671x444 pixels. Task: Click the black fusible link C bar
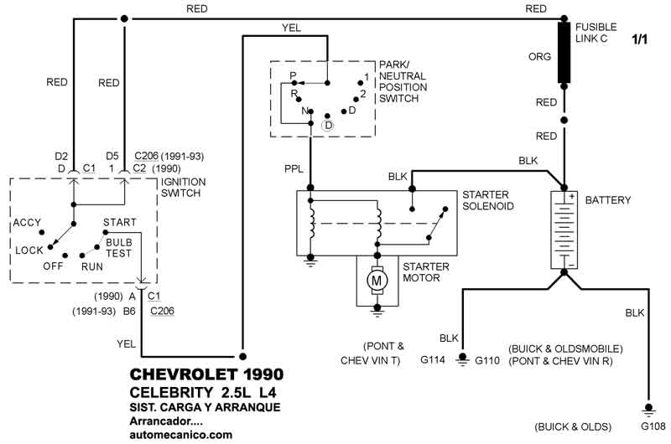[564, 53]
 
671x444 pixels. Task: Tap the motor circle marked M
[377, 279]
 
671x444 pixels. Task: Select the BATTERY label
[607, 200]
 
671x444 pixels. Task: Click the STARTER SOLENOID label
[488, 200]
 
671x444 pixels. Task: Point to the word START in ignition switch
[120, 223]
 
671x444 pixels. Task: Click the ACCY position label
[28, 223]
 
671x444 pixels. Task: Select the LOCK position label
[29, 250]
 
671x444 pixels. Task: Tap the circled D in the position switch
[329, 124]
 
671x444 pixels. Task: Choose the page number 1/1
[640, 39]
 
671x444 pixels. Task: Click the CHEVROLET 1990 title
[206, 374]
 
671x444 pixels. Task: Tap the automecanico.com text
[181, 435]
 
